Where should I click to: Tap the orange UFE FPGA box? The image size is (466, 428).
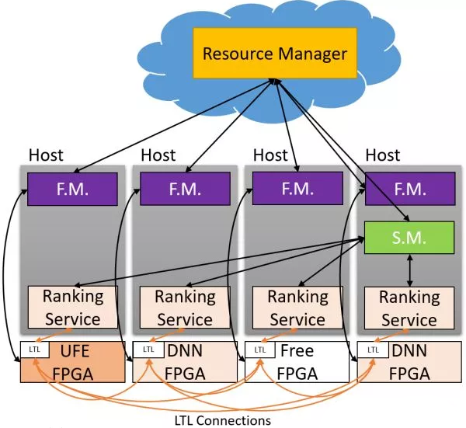tap(73, 361)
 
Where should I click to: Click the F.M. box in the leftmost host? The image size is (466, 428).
tap(72, 189)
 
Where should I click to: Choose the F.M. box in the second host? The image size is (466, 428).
tap(184, 189)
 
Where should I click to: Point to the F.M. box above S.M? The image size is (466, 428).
tap(409, 189)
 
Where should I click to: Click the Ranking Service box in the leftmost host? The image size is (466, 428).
tap(72, 307)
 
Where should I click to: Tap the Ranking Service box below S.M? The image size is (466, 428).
tap(409, 308)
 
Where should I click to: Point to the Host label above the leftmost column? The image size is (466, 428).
tap(46, 156)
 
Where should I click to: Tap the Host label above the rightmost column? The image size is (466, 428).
tap(382, 156)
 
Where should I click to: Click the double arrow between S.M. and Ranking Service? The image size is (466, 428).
tap(409, 270)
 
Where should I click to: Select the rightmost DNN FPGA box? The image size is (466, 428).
tap(409, 361)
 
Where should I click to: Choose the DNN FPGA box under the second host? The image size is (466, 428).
tap(184, 361)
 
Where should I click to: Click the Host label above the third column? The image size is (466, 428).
tap(270, 156)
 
